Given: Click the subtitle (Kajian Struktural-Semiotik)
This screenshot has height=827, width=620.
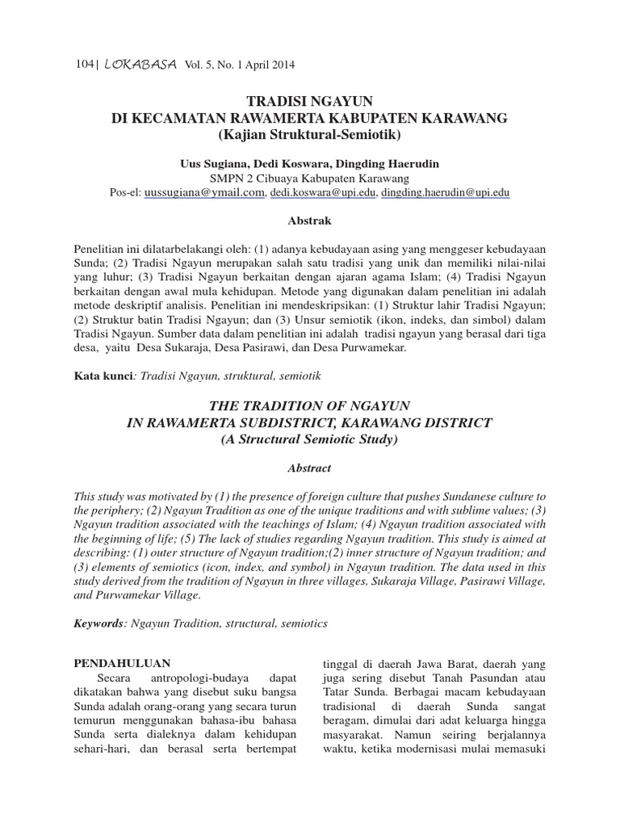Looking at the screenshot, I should pyautogui.click(x=309, y=133).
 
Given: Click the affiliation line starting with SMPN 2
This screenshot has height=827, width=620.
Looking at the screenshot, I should pyautogui.click(x=309, y=178).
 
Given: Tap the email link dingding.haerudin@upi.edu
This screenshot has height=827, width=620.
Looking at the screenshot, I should pyautogui.click(x=445, y=193).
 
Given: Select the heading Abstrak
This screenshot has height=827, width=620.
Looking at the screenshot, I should pyautogui.click(x=310, y=220).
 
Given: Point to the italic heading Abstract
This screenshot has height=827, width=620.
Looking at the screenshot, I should pyautogui.click(x=309, y=468).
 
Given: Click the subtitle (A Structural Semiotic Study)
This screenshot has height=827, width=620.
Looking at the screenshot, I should pyautogui.click(x=309, y=439).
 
